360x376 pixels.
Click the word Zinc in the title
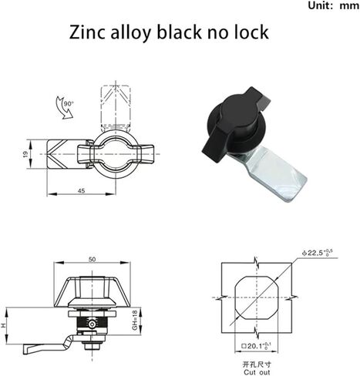[87, 32]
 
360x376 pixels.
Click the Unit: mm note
[333, 5]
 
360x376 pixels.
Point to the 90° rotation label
[69, 103]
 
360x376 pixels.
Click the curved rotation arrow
[64, 108]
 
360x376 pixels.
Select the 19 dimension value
[25, 154]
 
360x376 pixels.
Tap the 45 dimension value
[81, 191]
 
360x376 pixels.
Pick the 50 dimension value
[92, 259]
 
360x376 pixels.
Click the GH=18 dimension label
[135, 320]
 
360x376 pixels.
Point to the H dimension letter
[3, 325]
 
